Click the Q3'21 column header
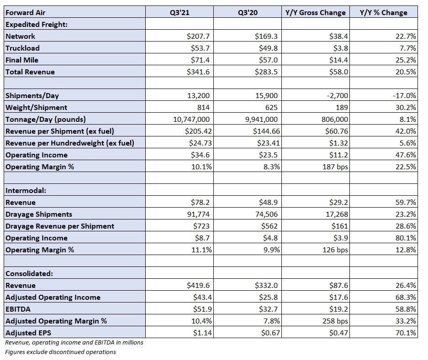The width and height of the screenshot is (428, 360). (x=180, y=12)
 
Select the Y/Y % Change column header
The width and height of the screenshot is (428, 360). (x=384, y=12)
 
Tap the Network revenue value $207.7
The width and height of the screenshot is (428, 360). (x=198, y=36)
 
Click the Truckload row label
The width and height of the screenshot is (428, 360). (x=22, y=48)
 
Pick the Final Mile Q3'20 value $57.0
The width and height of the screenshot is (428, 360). (x=268, y=60)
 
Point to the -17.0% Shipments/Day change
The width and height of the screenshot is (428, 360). (x=404, y=96)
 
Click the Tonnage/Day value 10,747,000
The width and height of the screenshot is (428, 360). (x=191, y=120)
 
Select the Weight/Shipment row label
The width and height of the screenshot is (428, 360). (x=36, y=108)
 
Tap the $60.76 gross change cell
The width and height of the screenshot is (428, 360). (x=337, y=131)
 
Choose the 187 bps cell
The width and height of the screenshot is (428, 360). (x=335, y=167)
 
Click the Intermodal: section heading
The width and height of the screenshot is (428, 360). (x=26, y=190)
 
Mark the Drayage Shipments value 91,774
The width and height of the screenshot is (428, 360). (x=198, y=214)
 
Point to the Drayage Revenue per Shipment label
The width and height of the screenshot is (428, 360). (x=60, y=226)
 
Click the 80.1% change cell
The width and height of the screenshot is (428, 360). (x=406, y=238)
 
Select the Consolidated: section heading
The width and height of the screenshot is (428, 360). (x=29, y=274)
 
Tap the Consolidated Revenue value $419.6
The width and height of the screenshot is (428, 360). (x=198, y=286)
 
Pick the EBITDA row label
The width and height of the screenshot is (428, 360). (x=18, y=309)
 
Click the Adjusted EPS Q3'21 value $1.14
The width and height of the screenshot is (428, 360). (x=202, y=333)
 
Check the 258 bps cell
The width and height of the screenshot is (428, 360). (x=335, y=321)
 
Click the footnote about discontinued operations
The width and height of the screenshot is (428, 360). (x=61, y=352)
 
